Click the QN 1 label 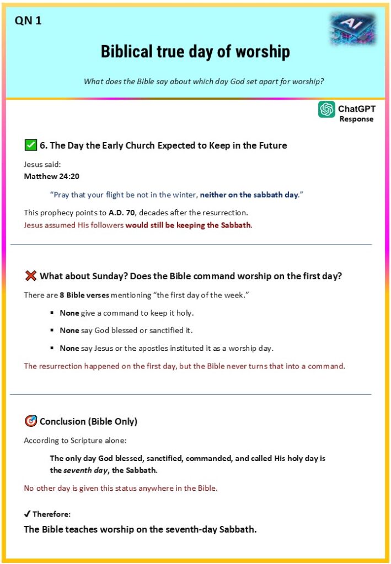[x=28, y=21]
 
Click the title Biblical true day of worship [x=195, y=52]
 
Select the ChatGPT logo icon [x=326, y=110]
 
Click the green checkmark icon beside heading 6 [x=31, y=145]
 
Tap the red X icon [x=31, y=276]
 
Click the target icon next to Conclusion [x=31, y=421]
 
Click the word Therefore [x=51, y=514]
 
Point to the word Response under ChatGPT [x=356, y=119]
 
